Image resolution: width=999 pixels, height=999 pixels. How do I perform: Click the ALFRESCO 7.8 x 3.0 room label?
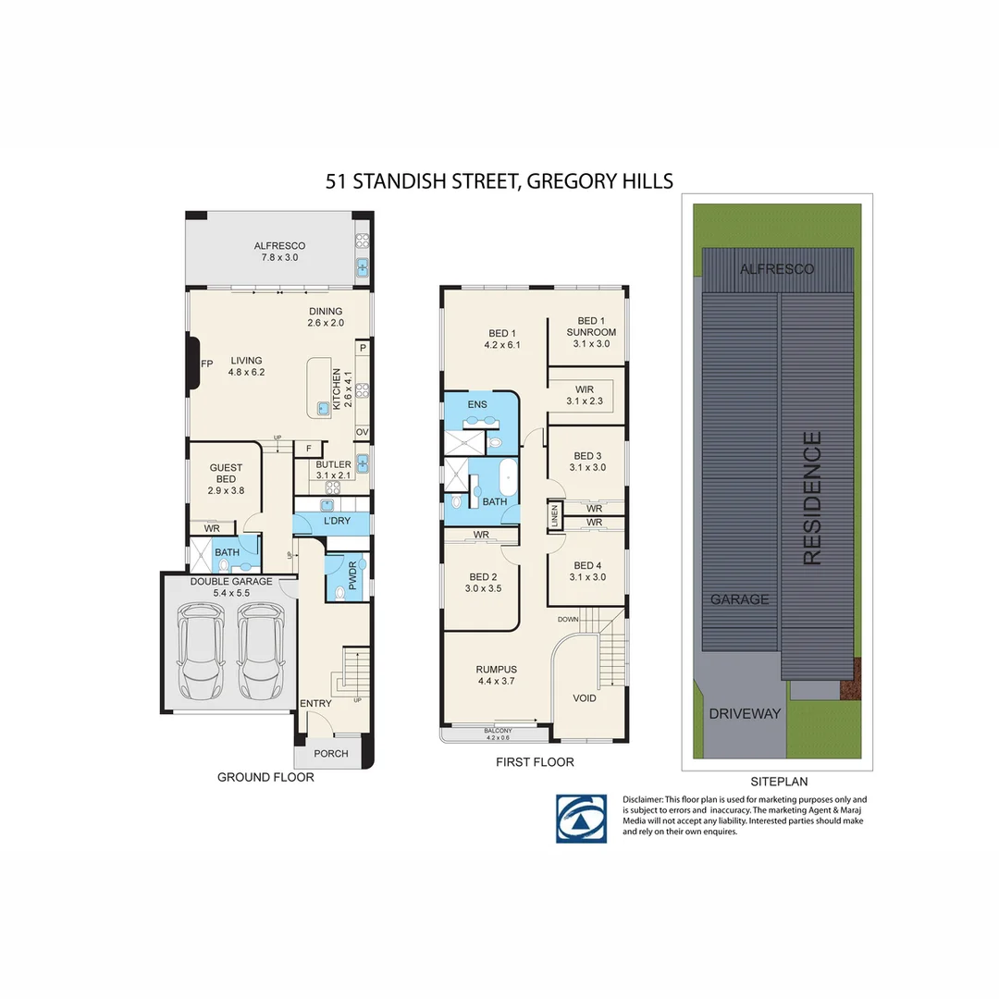[279, 252]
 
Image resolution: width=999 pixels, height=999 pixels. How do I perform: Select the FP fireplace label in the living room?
[206, 364]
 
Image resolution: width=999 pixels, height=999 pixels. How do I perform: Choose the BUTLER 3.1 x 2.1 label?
[333, 470]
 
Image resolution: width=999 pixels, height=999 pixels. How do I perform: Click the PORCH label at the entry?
[331, 754]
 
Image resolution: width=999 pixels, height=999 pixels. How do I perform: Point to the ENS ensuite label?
[477, 405]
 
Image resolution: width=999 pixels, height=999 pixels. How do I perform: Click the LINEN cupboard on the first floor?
[554, 516]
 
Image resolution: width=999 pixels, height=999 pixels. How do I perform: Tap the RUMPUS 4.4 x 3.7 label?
[496, 675]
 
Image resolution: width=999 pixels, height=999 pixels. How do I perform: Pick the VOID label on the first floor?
[585, 698]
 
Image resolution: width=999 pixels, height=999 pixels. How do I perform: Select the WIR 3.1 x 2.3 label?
[585, 395]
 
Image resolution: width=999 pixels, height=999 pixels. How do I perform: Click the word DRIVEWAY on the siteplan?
[745, 713]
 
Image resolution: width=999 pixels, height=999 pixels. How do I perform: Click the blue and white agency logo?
[581, 818]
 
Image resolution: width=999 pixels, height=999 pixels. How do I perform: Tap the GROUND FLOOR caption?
[265, 777]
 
